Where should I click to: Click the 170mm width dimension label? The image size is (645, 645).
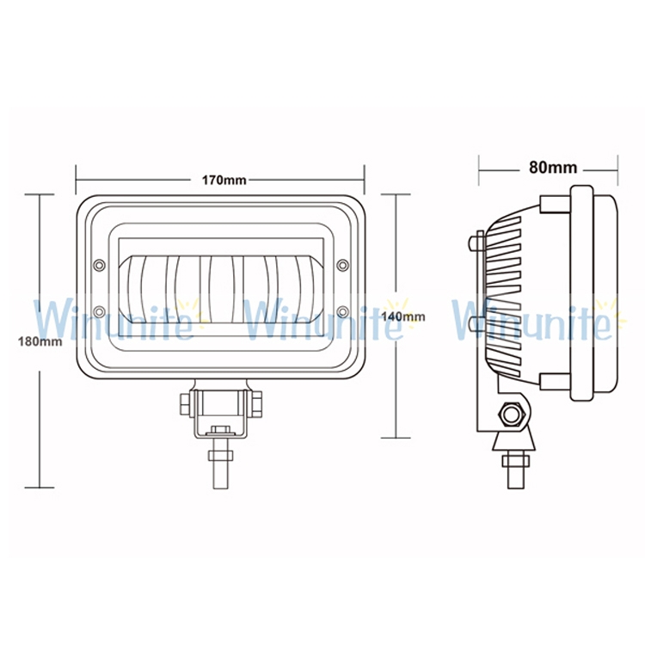point(224,181)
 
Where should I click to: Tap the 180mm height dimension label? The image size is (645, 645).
point(40,341)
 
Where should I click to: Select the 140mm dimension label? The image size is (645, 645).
point(403,316)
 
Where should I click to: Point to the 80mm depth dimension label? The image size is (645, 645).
point(553,168)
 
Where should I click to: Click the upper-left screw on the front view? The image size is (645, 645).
point(100,266)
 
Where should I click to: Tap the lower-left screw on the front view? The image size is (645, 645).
point(100,312)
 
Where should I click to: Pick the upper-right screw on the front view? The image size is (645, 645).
point(342,266)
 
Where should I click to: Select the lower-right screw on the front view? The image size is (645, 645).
point(342,312)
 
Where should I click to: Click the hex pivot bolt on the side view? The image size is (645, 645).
point(511,415)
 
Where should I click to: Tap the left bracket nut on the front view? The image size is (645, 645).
point(185,404)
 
